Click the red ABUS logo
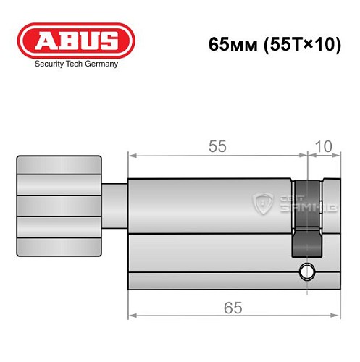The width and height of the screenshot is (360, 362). (76, 40)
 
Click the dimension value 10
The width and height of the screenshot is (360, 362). (324, 146)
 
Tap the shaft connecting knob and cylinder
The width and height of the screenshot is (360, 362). (114, 206)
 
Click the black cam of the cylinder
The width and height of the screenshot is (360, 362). (305, 217)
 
